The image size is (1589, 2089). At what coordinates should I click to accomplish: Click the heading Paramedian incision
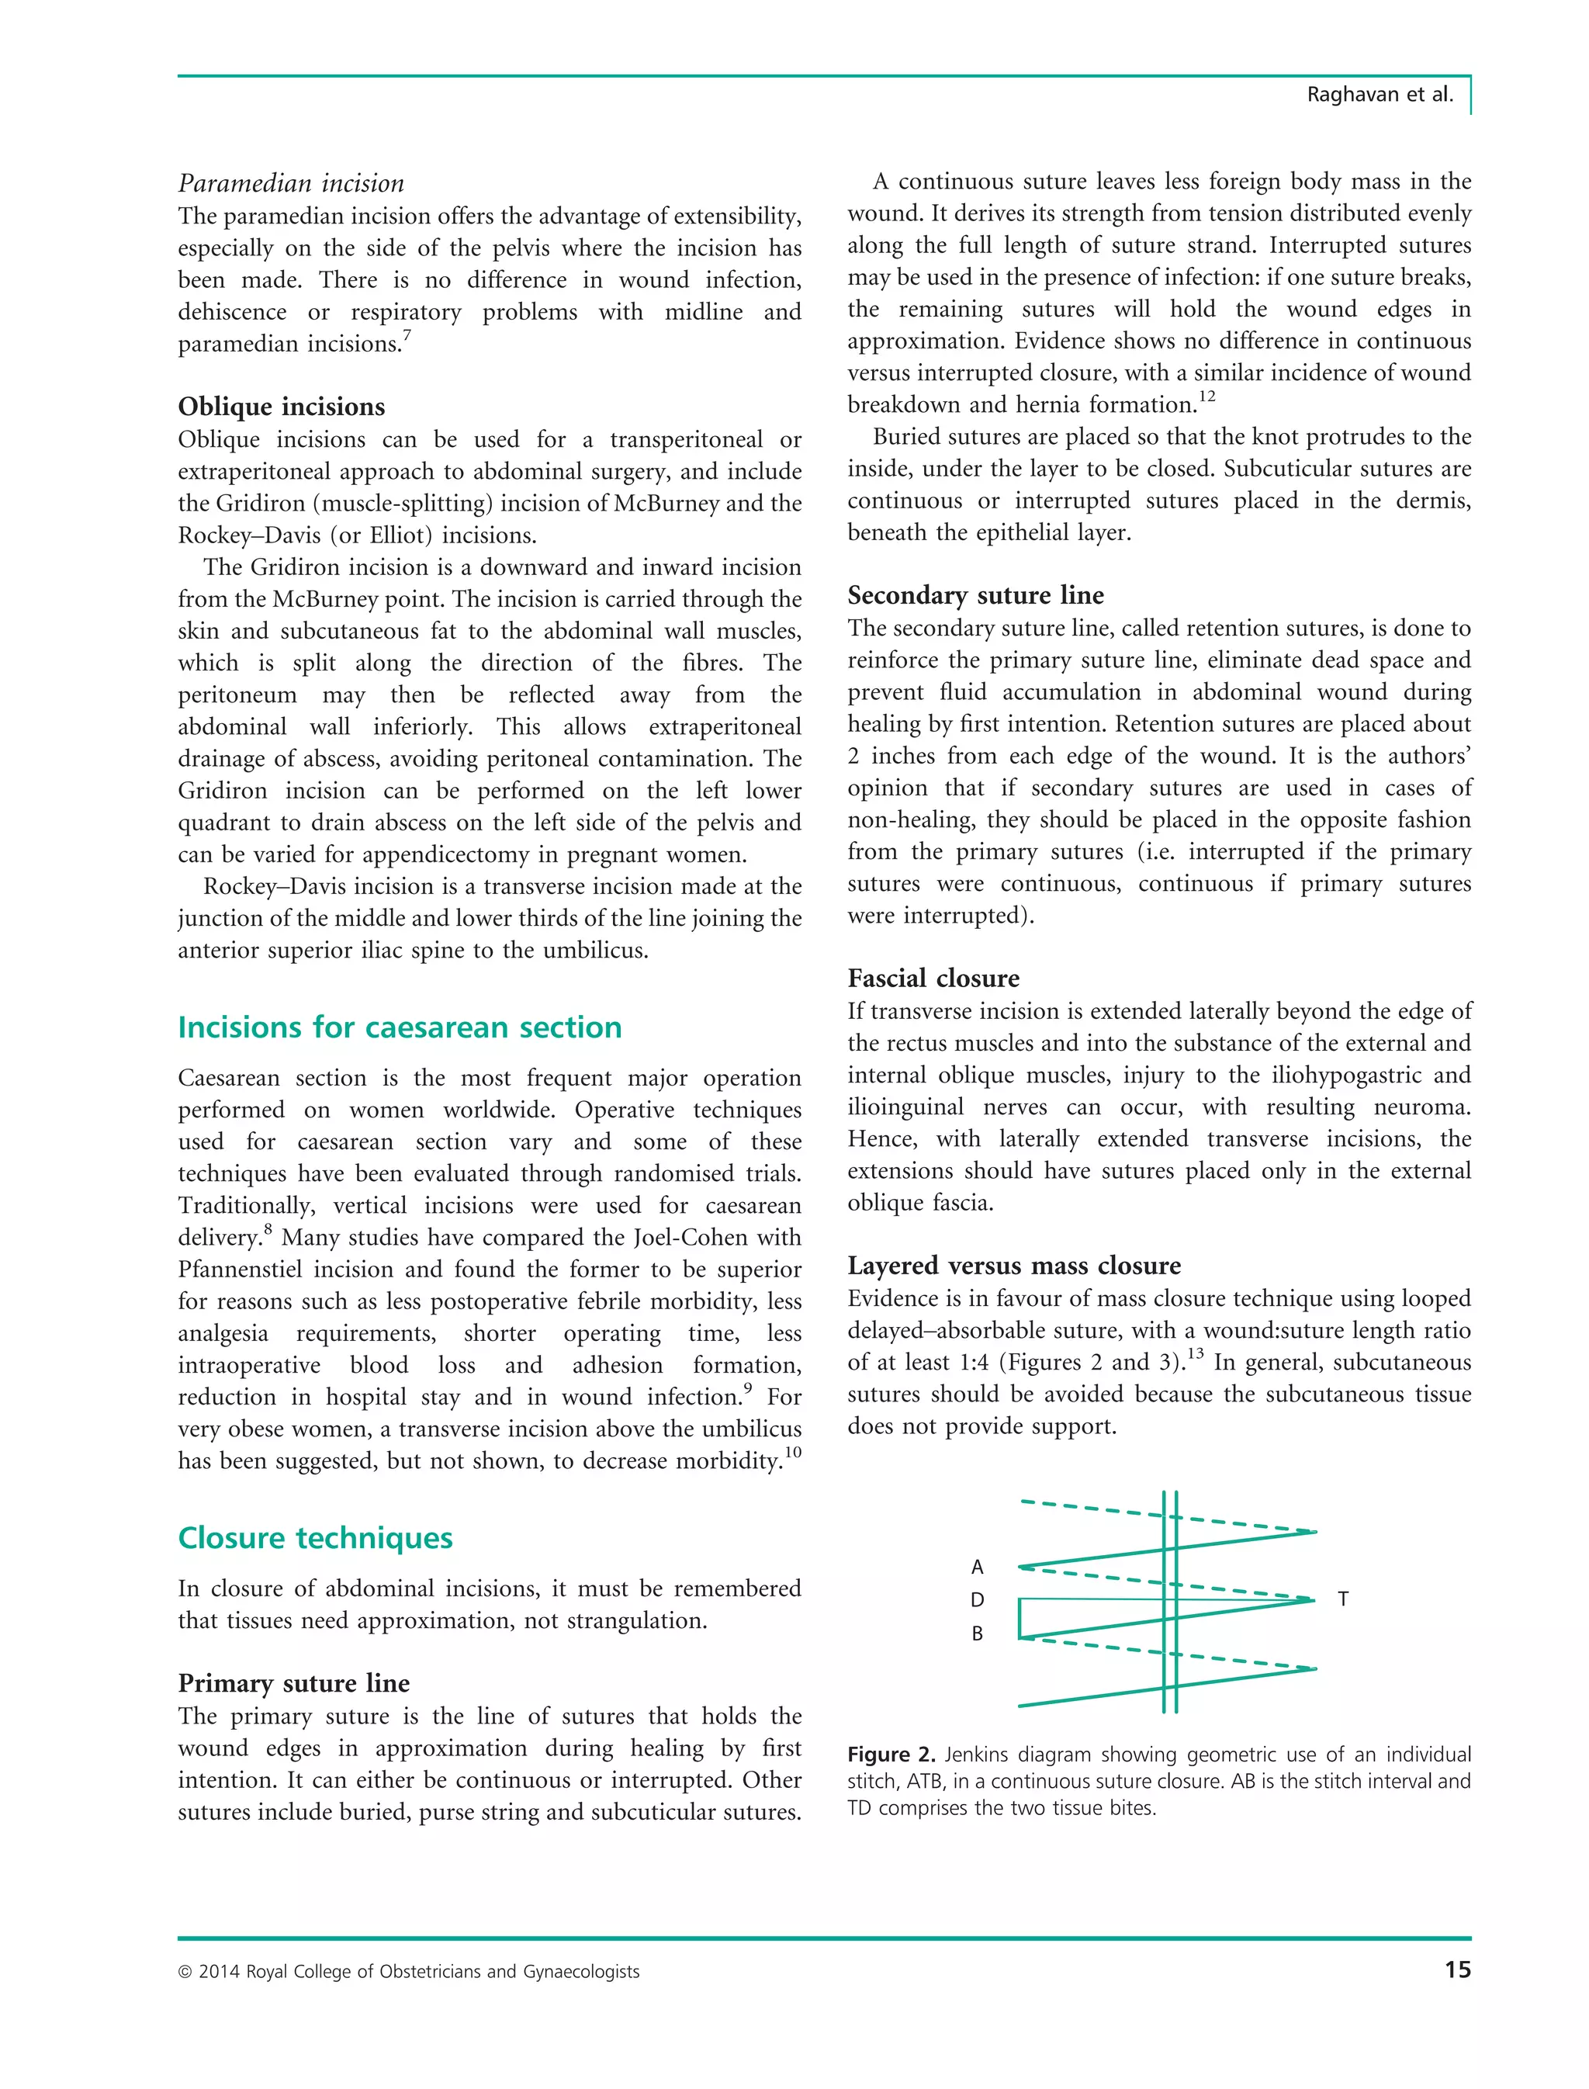tap(290, 184)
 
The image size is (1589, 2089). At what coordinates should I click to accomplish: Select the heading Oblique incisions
tap(281, 407)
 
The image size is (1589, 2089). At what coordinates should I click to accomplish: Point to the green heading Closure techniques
tap(315, 1538)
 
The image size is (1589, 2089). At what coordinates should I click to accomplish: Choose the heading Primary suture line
tap(293, 1683)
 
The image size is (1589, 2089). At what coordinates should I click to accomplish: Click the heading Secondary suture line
tap(975, 595)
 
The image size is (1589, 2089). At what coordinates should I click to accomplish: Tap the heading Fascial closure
tap(933, 979)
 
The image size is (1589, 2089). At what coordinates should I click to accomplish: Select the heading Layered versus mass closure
tap(1014, 1266)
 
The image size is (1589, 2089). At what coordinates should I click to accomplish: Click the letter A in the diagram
tap(977, 1568)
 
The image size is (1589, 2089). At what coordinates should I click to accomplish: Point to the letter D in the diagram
tap(977, 1600)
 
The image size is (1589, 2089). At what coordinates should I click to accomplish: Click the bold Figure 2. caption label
tap(891, 1755)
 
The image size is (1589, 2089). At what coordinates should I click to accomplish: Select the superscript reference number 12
tap(1207, 397)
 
